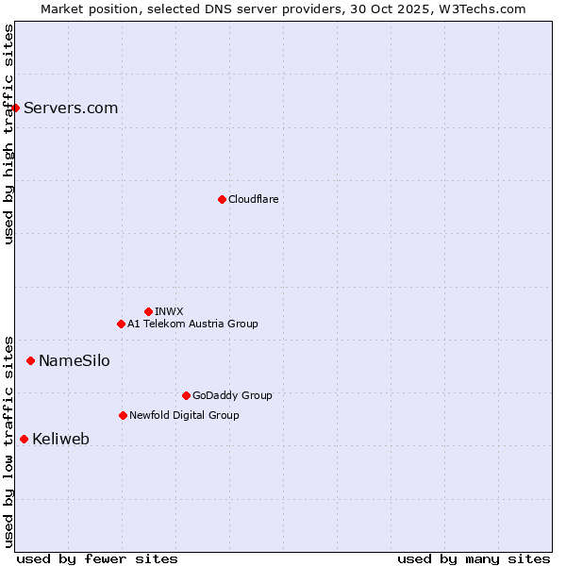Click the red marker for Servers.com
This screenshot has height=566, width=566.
[x=15, y=108]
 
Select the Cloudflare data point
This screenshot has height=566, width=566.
[x=222, y=199]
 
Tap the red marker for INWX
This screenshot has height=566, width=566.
[x=148, y=311]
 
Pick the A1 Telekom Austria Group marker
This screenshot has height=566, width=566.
[x=121, y=324]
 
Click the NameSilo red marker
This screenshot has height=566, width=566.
[x=30, y=360]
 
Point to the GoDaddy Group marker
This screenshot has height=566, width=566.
[x=186, y=395]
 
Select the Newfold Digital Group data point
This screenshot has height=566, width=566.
[x=123, y=415]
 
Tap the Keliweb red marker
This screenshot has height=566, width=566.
[x=24, y=439]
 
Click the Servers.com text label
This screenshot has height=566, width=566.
[x=71, y=108]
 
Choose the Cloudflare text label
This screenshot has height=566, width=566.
[x=253, y=199]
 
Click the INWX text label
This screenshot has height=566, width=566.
[x=169, y=311]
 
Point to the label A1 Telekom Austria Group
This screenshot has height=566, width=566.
[x=192, y=324]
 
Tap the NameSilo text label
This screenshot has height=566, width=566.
[x=74, y=360]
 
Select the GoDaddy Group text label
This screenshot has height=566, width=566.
[x=232, y=395]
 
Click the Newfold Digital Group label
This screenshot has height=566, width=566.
[x=184, y=415]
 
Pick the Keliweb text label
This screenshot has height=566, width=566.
[x=60, y=439]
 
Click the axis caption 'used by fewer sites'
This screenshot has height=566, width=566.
[x=97, y=558]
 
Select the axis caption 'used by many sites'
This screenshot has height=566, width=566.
[x=474, y=558]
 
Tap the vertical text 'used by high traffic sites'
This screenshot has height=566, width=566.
[x=8, y=134]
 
